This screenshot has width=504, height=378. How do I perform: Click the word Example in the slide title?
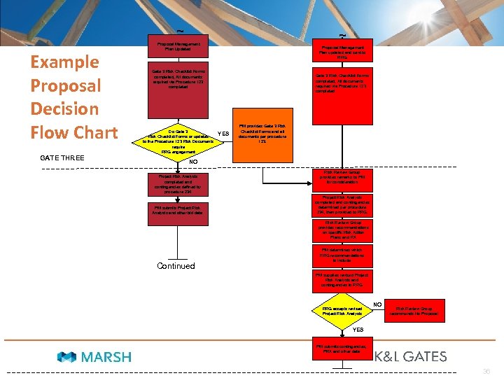(x=64, y=62)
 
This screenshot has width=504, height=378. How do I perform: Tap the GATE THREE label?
(x=62, y=157)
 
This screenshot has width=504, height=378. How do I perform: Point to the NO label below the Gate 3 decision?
(x=192, y=161)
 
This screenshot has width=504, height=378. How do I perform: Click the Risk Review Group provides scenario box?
(x=342, y=179)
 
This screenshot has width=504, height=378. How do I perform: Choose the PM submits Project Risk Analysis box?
(x=177, y=210)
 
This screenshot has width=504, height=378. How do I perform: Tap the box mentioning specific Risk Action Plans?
(x=342, y=230)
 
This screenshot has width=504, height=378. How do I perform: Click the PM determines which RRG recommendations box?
(x=342, y=255)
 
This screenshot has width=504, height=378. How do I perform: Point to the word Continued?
(x=176, y=266)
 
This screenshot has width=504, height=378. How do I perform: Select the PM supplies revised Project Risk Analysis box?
(x=342, y=280)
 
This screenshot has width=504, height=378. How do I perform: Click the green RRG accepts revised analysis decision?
(x=342, y=310)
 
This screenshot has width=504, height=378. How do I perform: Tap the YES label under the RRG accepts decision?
(x=358, y=329)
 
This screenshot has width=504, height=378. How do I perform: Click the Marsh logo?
(x=95, y=357)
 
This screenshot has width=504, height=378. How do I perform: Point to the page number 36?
(x=487, y=372)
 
